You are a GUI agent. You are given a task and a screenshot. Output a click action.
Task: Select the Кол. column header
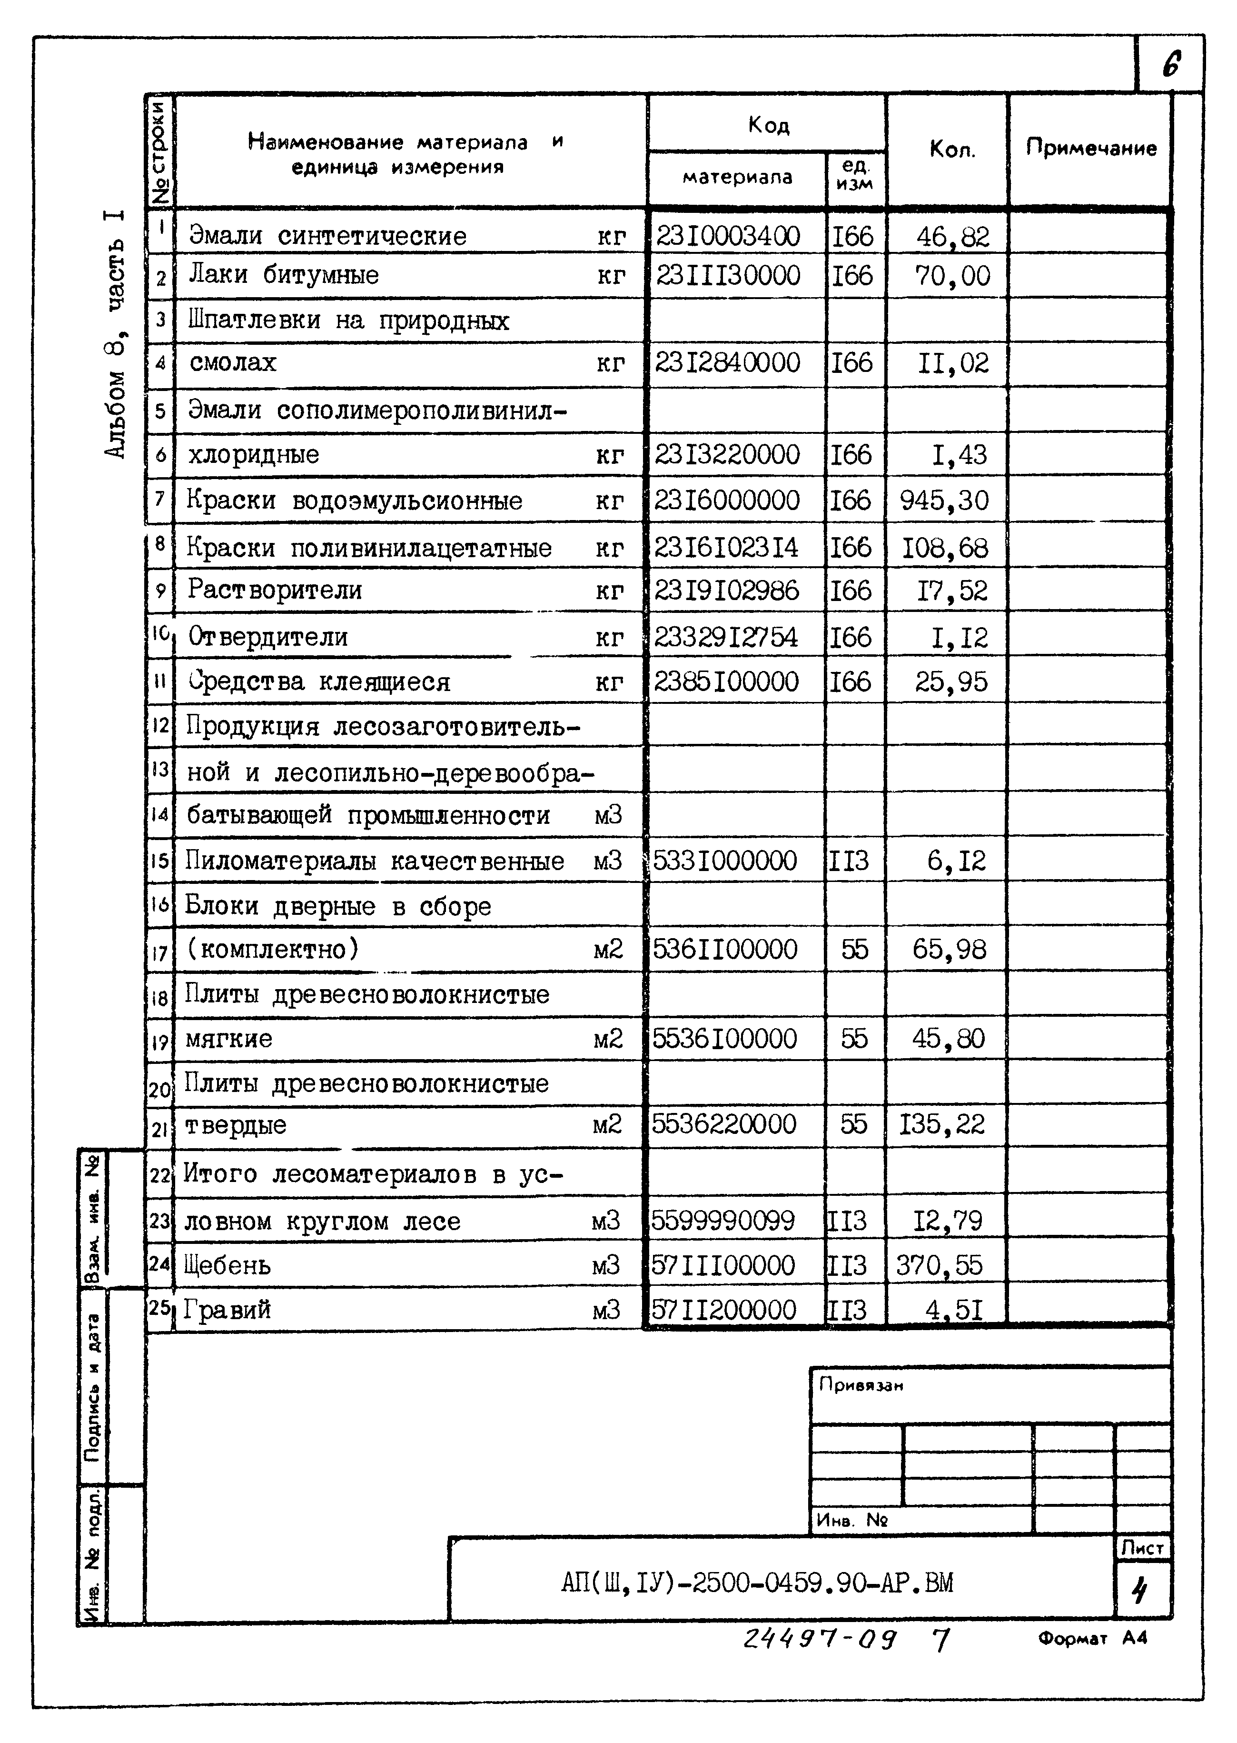[951, 150]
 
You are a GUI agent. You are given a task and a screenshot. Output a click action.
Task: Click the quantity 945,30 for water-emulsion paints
[944, 501]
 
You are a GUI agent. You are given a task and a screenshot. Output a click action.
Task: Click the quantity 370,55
[939, 1266]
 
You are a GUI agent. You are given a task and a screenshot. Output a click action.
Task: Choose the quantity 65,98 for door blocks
[949, 950]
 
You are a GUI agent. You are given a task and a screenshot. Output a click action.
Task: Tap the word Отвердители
[267, 636]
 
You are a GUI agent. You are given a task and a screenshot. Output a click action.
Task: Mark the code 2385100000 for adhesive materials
[726, 681]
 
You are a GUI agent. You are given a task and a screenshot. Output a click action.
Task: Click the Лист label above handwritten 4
[1142, 1548]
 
